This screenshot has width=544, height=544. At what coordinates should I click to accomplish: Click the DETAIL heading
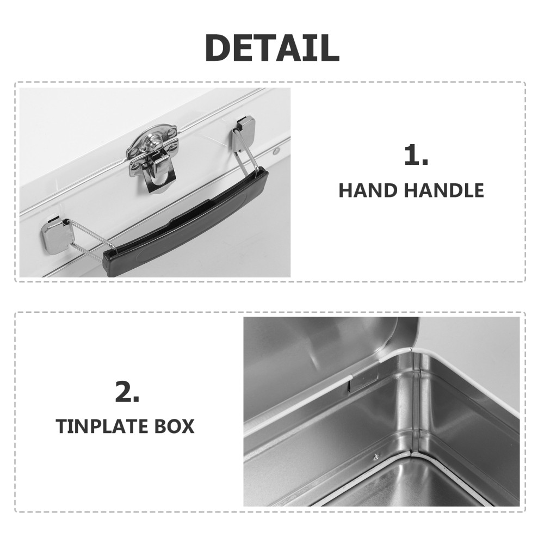click(x=272, y=48)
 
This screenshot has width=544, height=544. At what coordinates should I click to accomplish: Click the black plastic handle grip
click(x=186, y=223)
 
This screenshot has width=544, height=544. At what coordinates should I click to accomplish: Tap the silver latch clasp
click(x=153, y=156)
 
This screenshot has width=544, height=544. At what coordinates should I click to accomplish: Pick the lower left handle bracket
click(x=57, y=234)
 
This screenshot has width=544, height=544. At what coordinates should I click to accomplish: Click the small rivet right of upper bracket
click(x=276, y=151)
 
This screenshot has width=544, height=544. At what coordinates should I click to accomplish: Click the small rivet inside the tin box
click(x=376, y=456)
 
